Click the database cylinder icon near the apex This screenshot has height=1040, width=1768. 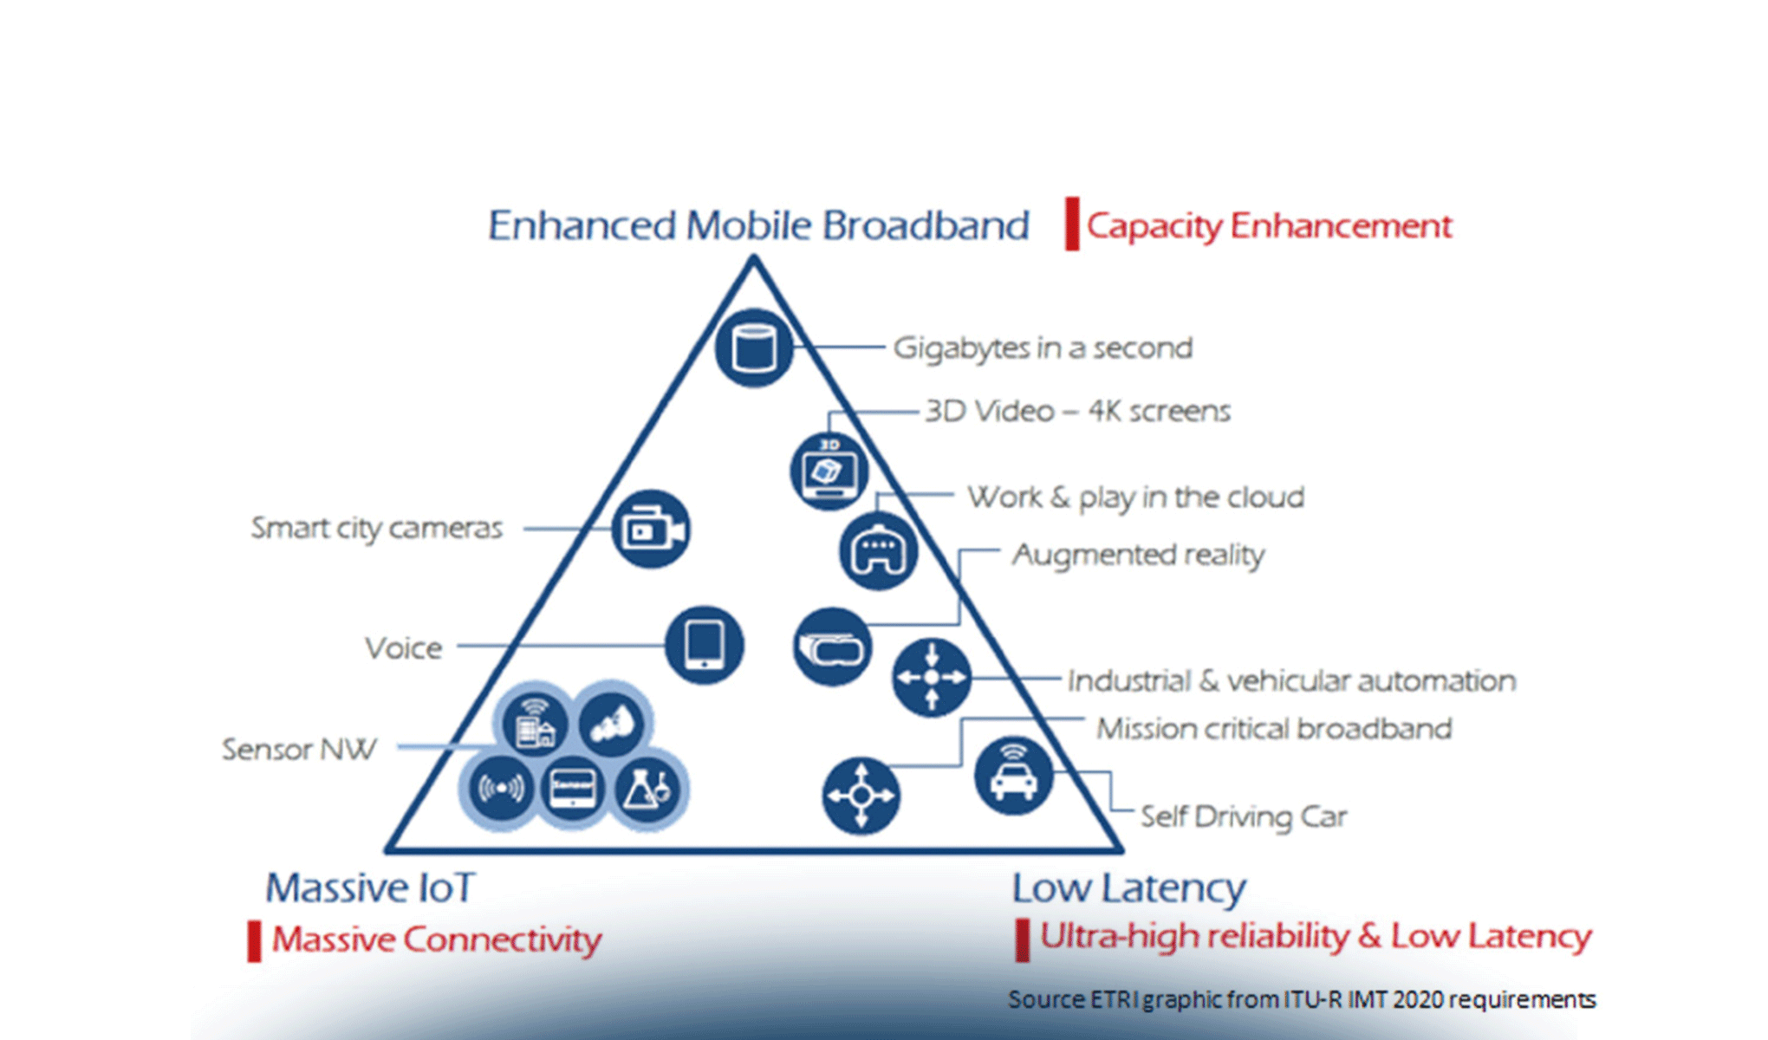[x=753, y=348]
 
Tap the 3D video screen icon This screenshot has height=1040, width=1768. [x=829, y=471]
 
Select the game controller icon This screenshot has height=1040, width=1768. [x=878, y=550]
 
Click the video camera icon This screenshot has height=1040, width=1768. [x=651, y=530]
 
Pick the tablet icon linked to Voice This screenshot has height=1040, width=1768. [x=704, y=646]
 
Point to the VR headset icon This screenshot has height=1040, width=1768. [x=832, y=647]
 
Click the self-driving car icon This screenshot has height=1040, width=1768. [x=1013, y=775]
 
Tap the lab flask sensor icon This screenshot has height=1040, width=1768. [x=647, y=789]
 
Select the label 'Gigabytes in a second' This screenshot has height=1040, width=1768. [x=1043, y=348]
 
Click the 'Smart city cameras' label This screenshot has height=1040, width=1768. [x=376, y=528]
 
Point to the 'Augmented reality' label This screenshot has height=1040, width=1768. [x=1138, y=555]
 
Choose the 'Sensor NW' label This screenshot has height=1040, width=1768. [x=299, y=749]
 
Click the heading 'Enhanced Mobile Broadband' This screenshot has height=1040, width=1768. [x=758, y=225]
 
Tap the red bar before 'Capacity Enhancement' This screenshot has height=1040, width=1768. [x=1072, y=224]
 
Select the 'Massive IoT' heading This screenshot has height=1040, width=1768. [x=370, y=887]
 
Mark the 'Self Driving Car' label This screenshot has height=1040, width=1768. [x=1244, y=816]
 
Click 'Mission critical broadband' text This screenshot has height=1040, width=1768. [x=1274, y=729]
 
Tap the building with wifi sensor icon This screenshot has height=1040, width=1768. [x=534, y=725]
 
